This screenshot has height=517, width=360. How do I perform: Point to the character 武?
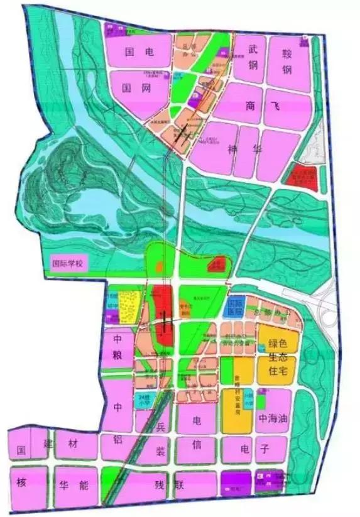pyautogui.click(x=253, y=47)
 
